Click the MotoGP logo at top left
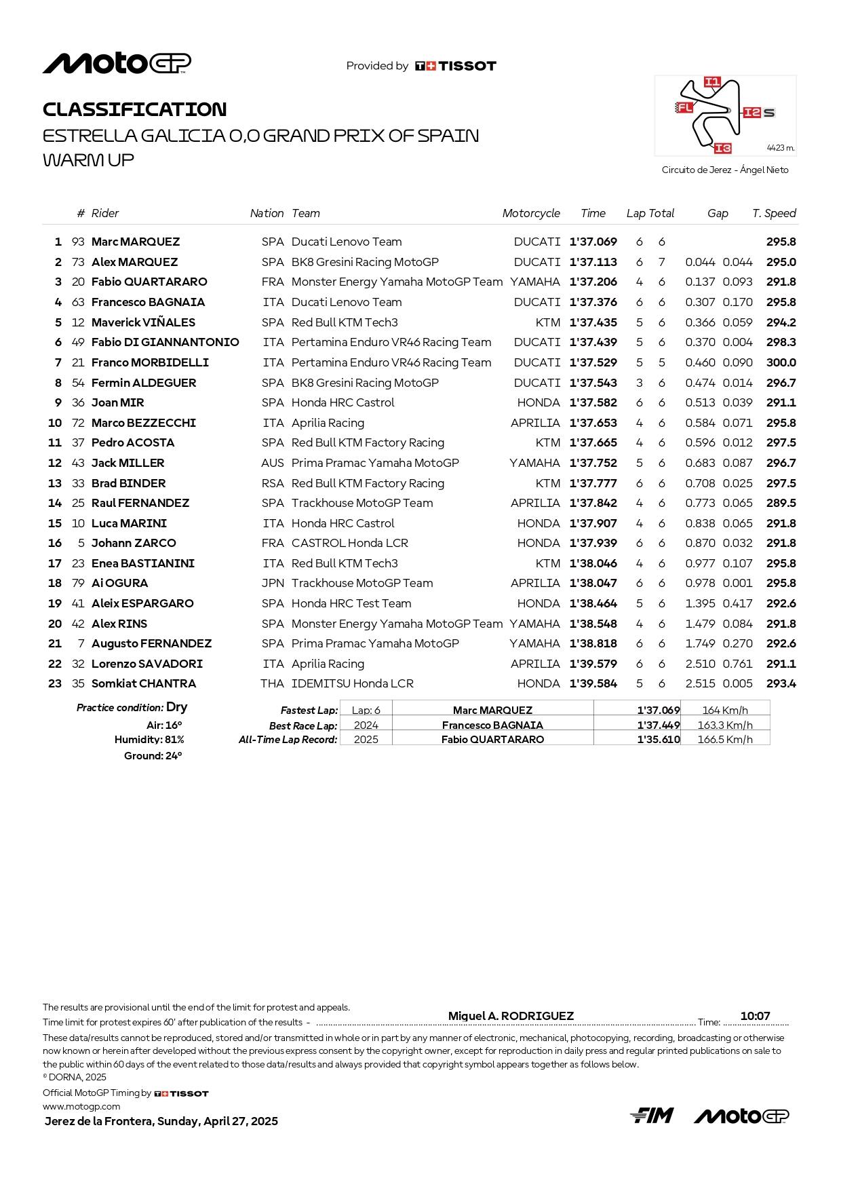(117, 63)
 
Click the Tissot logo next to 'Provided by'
(455, 66)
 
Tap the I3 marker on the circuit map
(722, 148)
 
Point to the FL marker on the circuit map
(684, 107)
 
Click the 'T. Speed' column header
(774, 213)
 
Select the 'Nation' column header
(267, 213)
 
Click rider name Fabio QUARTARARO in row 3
(149, 282)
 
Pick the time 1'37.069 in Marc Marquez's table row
(593, 242)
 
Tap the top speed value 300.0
(781, 362)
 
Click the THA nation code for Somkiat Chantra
(272, 683)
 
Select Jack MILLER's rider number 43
(78, 463)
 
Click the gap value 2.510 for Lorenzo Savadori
(700, 664)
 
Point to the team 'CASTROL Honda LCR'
(349, 543)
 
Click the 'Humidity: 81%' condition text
(149, 740)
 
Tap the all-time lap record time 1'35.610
(658, 739)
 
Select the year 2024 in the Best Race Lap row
(366, 725)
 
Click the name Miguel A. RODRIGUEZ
(511, 1016)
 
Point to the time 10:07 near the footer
(755, 1016)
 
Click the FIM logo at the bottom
(651, 1116)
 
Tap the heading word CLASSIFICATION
(134, 109)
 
